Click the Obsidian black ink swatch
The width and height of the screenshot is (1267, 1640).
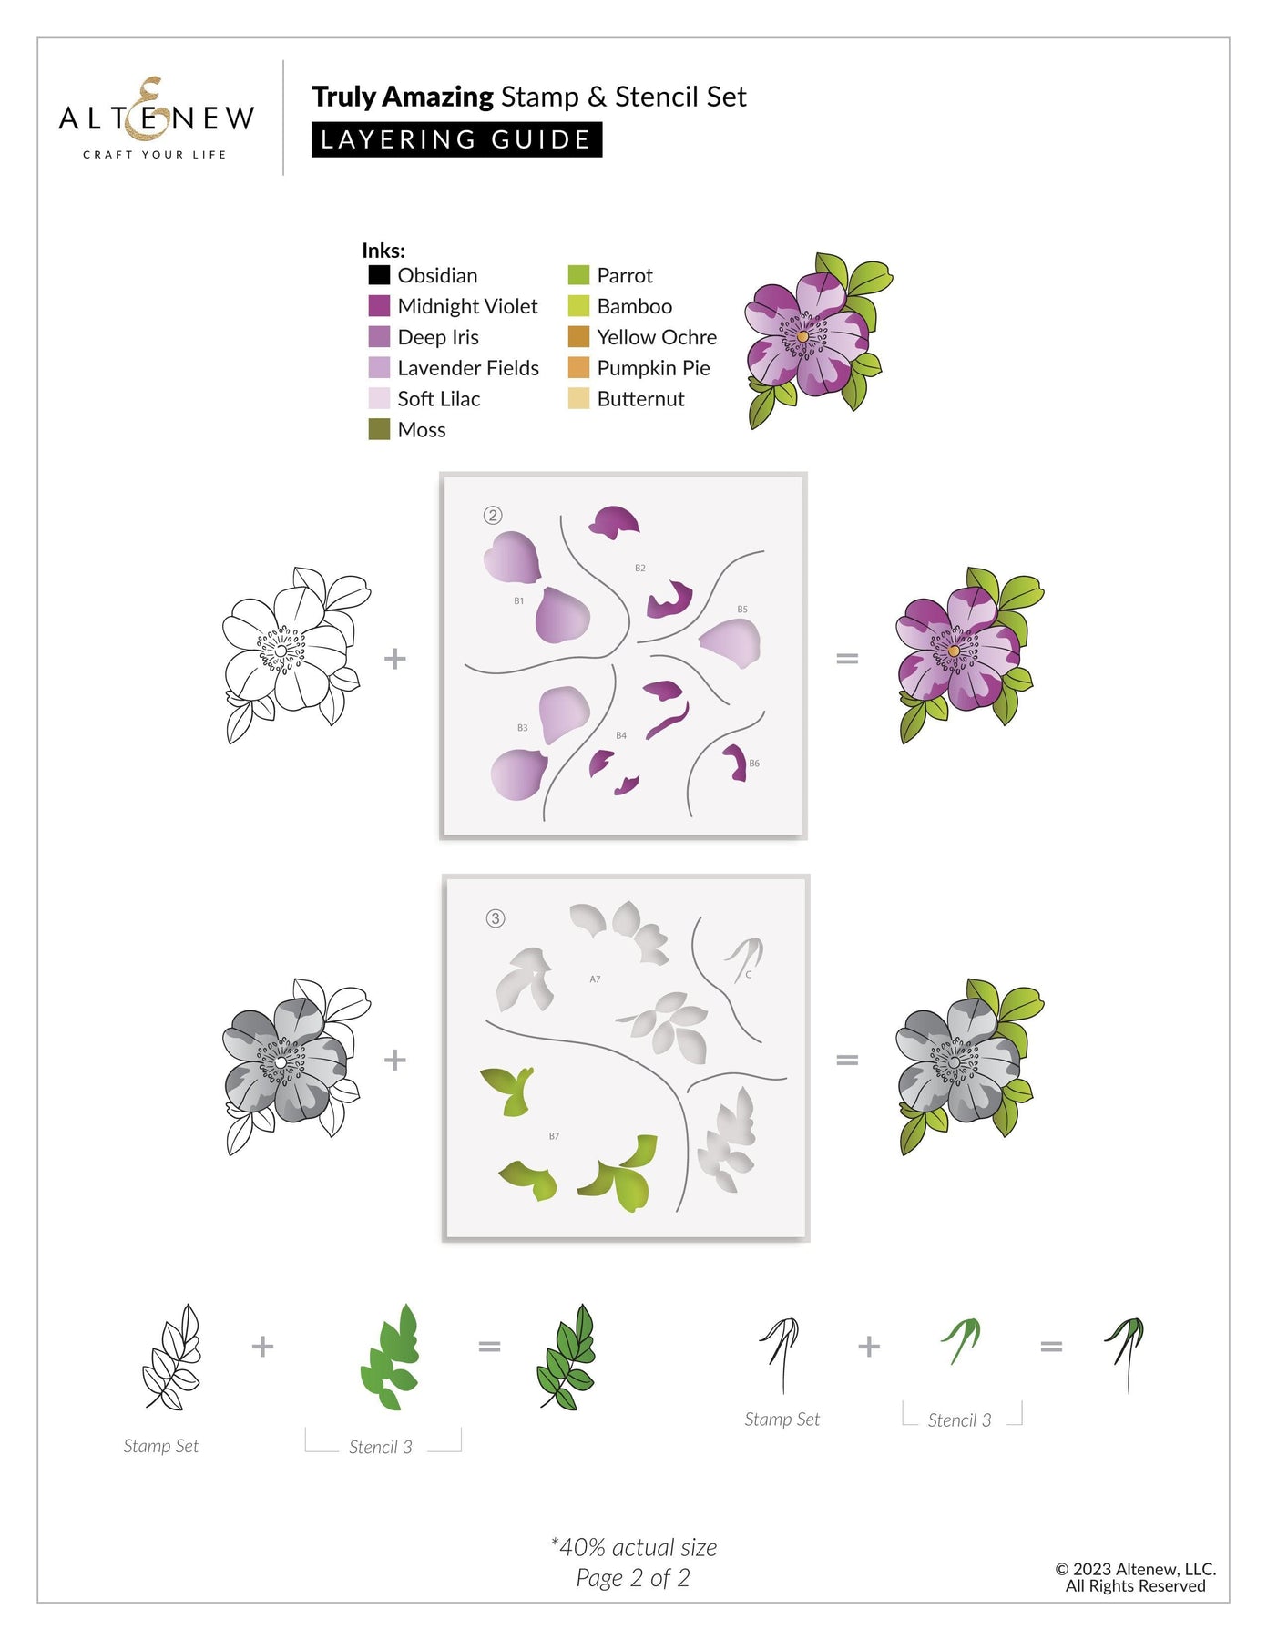(379, 275)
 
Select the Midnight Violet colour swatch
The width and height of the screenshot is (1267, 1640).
(379, 306)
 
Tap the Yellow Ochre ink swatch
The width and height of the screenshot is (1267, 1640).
(578, 337)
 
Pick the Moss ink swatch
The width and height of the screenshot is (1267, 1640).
(379, 429)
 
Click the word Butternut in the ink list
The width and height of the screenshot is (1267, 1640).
(640, 399)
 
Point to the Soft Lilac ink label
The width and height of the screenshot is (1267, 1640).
(438, 399)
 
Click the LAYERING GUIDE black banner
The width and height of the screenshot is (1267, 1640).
(456, 139)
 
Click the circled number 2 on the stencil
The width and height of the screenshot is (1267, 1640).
(493, 516)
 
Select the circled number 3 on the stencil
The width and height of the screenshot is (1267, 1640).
(496, 918)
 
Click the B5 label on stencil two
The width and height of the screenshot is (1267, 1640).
(742, 610)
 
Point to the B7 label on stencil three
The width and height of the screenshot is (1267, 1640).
(554, 1136)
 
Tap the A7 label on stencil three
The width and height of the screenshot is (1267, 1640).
(595, 979)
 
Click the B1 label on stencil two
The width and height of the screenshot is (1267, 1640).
(518, 601)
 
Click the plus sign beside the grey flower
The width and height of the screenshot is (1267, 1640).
(394, 1060)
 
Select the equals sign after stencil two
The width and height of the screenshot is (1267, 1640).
(847, 658)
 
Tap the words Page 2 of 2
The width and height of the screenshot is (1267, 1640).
(633, 1578)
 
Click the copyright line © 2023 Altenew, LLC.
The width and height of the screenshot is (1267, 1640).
(1136, 1569)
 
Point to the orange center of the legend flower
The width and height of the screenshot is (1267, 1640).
(802, 337)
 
